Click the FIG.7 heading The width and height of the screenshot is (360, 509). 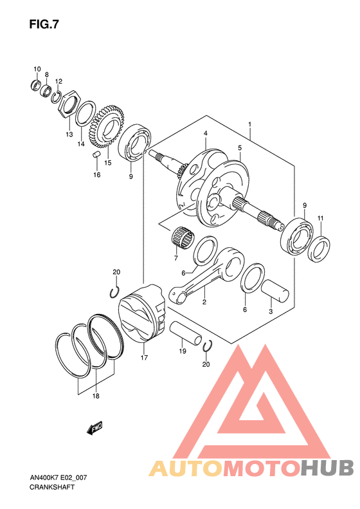(x=44, y=24)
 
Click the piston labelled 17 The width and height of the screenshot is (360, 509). (x=143, y=313)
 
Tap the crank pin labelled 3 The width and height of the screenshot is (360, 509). (x=275, y=291)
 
